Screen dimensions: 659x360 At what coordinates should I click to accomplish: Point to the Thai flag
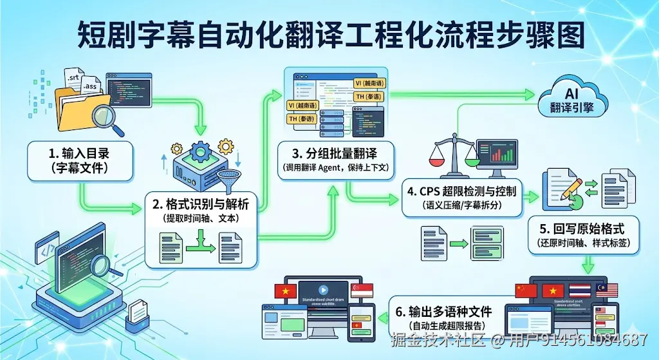tap(579, 290)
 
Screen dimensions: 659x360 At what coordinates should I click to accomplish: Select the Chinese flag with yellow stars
tap(526, 290)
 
